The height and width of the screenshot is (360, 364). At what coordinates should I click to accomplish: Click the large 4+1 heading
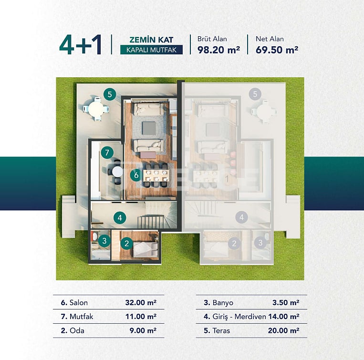81,44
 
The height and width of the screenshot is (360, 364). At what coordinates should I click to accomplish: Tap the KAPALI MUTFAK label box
151,50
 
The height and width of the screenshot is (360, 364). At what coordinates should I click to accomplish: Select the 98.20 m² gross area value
218,49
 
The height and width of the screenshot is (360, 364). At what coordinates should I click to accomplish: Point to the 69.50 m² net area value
276,49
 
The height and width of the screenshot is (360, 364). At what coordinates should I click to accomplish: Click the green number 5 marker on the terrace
110,94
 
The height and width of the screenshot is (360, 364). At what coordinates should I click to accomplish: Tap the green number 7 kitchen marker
107,153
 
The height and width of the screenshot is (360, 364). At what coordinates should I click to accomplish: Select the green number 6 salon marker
136,175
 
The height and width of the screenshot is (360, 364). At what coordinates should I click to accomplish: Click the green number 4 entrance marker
120,218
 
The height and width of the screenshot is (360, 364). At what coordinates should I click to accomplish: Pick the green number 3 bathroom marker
104,241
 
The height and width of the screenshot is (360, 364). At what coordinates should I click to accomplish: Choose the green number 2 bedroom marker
126,243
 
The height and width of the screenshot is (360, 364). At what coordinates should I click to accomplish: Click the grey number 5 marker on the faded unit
255,94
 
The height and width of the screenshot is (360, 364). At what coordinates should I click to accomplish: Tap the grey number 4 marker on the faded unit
242,218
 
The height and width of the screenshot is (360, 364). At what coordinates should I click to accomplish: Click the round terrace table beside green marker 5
96,109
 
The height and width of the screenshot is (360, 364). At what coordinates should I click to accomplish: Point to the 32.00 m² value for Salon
141,302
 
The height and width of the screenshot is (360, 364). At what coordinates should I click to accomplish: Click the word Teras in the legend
222,330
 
